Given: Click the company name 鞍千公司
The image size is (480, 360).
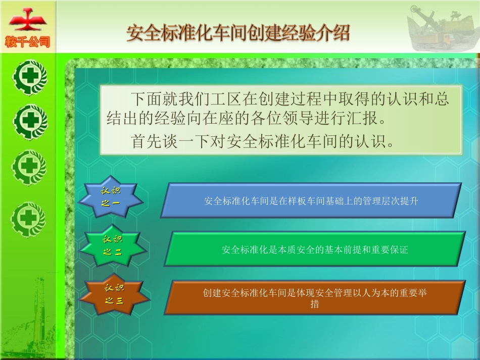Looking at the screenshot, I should tap(27, 42).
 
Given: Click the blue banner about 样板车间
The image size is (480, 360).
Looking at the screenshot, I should tap(311, 200).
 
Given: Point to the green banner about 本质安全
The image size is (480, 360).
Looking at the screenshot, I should tap(314, 249).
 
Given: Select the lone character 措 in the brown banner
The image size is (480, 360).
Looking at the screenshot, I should tap(314, 304).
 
